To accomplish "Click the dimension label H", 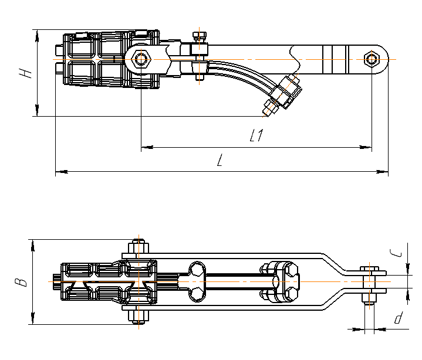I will pyautogui.click(x=24, y=73).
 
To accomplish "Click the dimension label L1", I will pyautogui.click(x=256, y=136).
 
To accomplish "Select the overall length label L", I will pyautogui.click(x=219, y=161).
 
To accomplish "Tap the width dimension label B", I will pyautogui.click(x=22, y=282).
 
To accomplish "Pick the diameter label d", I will pyautogui.click(x=398, y=319).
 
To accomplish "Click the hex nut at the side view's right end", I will pyautogui.click(x=371, y=59).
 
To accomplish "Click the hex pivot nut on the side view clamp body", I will pyautogui.click(x=141, y=59).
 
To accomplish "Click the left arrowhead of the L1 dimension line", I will pyautogui.click(x=144, y=148).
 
